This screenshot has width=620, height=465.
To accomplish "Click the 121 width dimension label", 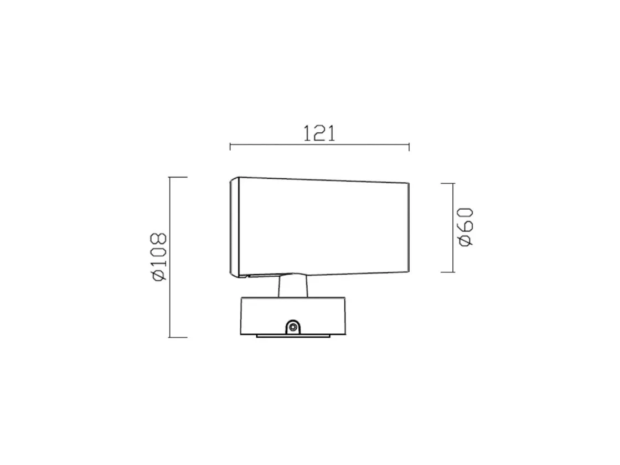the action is pos(319,133).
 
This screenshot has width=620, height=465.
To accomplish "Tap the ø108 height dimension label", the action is pos(159,257).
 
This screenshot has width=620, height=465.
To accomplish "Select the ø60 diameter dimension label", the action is pos(466,227).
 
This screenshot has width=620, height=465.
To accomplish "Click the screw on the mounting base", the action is pos(293,327).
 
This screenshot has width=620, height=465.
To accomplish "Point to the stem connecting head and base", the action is pos(293,286).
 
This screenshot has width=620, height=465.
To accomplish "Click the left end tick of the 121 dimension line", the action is pos(230,147).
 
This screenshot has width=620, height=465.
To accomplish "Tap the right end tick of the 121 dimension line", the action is pos(409,147).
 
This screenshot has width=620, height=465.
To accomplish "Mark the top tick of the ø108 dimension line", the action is pos(178,177).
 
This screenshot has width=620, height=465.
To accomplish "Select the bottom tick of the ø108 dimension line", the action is pos(178,337).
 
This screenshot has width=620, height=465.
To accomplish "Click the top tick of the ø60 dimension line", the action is pos(448,183).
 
